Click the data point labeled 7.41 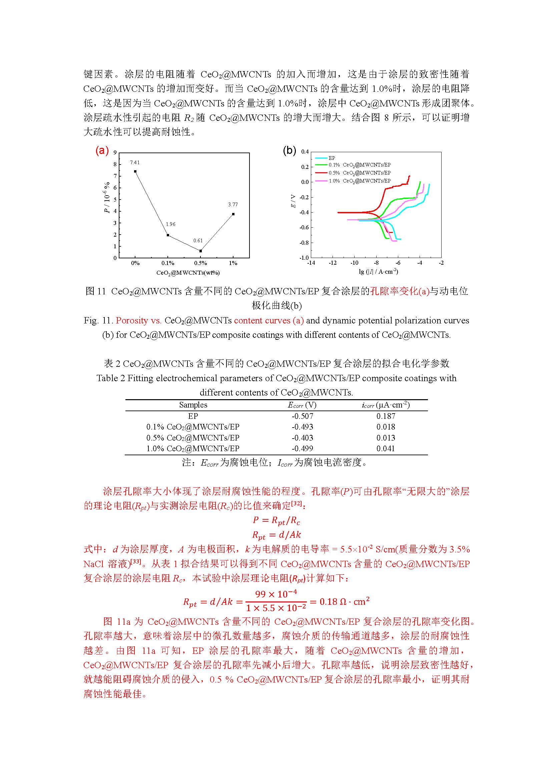click(135, 172)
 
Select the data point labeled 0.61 click(200, 251)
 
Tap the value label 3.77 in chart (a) click(233, 205)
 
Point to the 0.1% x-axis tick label click(168, 263)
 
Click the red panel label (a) click(102, 151)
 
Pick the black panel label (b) click(289, 151)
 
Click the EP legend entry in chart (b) click(332, 158)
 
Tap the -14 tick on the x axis click(311, 263)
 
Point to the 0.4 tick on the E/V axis click(305, 152)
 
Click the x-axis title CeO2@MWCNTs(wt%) click(188, 273)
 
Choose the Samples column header click(193, 405)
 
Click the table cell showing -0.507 click(303, 416)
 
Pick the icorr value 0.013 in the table click(386, 438)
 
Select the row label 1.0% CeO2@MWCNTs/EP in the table click(193, 449)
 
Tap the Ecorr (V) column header click(302, 405)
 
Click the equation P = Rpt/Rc click(277, 520)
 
